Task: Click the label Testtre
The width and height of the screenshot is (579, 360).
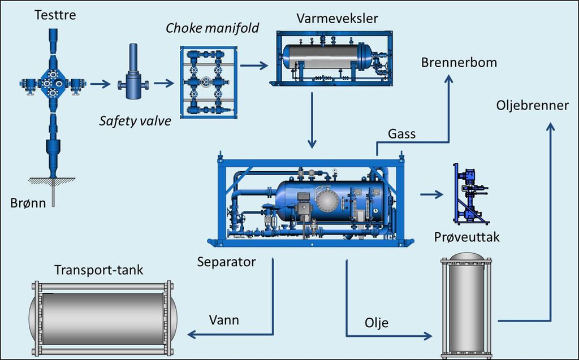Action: click(55, 15)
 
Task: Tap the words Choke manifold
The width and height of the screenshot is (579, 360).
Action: click(213, 28)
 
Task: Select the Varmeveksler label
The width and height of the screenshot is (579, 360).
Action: click(337, 19)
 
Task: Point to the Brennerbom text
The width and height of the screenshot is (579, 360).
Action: click(459, 62)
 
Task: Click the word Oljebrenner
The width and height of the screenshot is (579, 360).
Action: click(533, 106)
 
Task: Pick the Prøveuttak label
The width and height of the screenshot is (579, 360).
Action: click(466, 237)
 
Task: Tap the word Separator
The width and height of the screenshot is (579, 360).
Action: click(226, 262)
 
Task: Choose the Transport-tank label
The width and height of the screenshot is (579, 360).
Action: click(98, 270)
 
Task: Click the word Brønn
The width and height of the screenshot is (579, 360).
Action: click(28, 203)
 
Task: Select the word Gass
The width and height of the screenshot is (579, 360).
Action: click(402, 134)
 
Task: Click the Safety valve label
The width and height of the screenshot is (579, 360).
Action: click(135, 121)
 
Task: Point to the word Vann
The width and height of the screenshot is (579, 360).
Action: click(224, 320)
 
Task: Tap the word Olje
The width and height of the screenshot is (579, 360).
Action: click(377, 323)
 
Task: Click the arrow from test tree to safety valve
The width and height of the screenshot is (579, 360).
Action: click(101, 84)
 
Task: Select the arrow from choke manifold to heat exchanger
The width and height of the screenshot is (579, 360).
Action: click(254, 66)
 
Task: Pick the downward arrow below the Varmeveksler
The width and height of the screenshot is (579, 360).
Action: click(312, 120)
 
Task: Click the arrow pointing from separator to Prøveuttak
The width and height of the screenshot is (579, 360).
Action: click(431, 194)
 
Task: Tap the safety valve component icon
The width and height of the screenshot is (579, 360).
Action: click(133, 72)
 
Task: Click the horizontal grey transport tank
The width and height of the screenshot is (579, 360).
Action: click(103, 319)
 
